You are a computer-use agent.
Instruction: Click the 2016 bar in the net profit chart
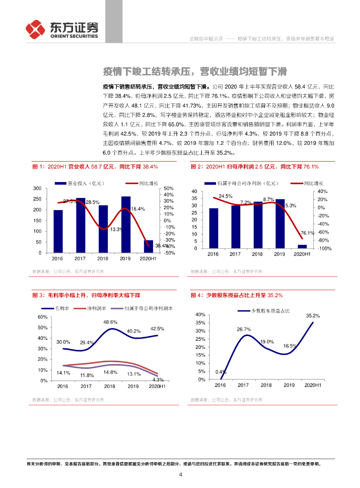213,228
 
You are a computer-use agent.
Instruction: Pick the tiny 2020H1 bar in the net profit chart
302,246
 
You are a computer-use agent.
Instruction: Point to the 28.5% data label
93,202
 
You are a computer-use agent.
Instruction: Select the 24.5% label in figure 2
226,196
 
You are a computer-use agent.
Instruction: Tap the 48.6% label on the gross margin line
111,322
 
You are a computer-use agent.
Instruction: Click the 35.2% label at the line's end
313,315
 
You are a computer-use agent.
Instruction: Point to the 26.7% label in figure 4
244,329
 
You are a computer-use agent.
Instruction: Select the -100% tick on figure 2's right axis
325,248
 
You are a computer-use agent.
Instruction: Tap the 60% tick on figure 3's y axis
41,317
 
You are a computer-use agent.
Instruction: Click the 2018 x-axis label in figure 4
267,385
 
